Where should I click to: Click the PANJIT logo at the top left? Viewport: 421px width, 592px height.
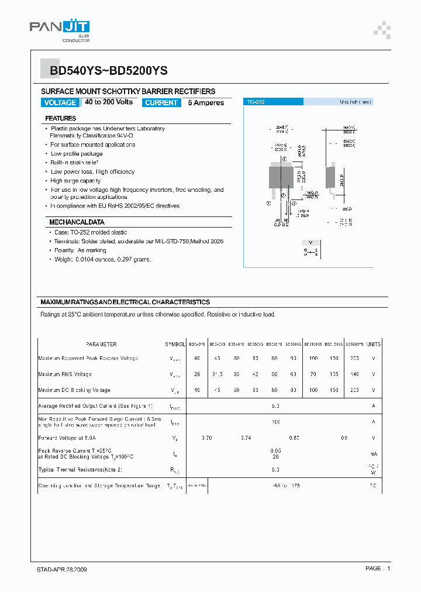(x=60, y=29)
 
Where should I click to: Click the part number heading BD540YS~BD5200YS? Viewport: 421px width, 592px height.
(x=109, y=71)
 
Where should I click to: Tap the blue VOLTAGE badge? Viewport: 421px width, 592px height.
(x=60, y=102)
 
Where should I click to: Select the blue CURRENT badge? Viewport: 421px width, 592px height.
(x=161, y=102)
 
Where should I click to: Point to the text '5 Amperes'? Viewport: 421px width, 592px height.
(x=206, y=102)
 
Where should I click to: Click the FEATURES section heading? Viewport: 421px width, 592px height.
(x=61, y=118)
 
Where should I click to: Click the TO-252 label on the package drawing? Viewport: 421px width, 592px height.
(x=256, y=102)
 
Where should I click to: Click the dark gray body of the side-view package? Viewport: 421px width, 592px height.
(x=330, y=177)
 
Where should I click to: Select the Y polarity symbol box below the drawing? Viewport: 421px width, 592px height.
(x=310, y=242)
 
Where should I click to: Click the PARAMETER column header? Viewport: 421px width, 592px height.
(x=101, y=345)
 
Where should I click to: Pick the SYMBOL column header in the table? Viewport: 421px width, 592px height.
(x=175, y=345)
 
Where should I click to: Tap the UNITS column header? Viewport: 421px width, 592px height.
(x=373, y=345)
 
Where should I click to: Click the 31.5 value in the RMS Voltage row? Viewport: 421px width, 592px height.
(x=216, y=374)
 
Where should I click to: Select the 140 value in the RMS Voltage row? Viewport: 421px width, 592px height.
(x=354, y=374)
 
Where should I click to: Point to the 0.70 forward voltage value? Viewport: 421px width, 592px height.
(x=206, y=438)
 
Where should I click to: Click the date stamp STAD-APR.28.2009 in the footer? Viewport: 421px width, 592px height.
(x=58, y=569)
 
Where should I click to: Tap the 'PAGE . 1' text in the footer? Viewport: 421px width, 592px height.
(x=377, y=569)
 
